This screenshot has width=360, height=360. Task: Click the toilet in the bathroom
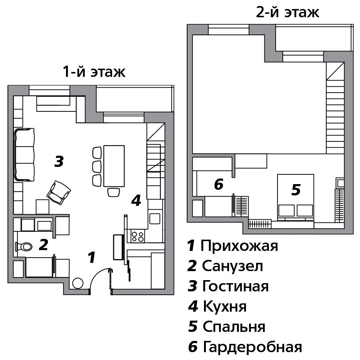[23, 247]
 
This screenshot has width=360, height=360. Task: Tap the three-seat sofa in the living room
[25, 155]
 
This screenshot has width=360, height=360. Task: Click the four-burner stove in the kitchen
[138, 237]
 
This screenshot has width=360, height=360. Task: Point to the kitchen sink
[155, 219]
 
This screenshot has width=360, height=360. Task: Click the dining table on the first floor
[114, 166]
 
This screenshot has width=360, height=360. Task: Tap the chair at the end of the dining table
[114, 192]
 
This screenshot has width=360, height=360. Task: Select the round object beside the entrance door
[78, 283]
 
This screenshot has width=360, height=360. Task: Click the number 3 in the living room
[59, 161]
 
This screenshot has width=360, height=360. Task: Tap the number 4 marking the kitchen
[136, 200]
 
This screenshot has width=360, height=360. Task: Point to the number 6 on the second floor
[219, 184]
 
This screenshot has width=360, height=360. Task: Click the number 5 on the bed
[296, 190]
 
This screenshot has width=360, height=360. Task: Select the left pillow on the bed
[286, 210]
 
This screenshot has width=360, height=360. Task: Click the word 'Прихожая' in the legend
[239, 246]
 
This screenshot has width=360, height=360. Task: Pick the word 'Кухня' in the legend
[225, 306]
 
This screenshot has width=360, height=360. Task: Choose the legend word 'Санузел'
[232, 266]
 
